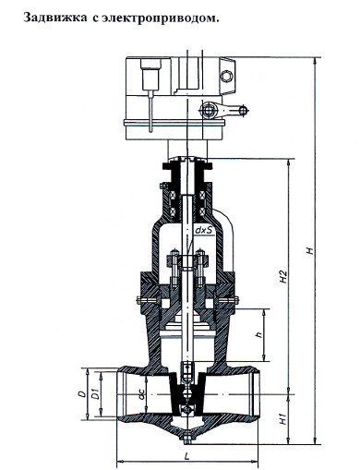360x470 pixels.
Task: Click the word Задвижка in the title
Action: tap(55, 18)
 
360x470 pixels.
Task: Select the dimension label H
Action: tap(310, 250)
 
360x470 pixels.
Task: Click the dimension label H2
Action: tap(283, 277)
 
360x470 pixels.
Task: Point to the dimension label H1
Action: tap(283, 419)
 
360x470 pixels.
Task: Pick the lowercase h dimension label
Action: tap(259, 334)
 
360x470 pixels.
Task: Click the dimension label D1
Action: tap(96, 394)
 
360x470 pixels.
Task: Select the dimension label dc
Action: tap(141, 395)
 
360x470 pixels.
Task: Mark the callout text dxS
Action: tap(204, 230)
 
